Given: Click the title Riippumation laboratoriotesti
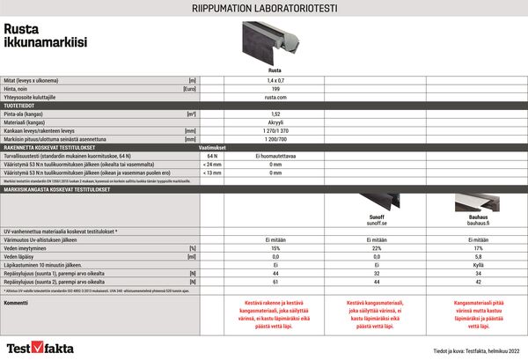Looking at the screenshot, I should click(263, 10).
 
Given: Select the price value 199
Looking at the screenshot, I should click(275, 89).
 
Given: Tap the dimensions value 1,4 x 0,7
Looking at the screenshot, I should click(275, 80).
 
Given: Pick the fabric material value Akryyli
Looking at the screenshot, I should click(275, 121).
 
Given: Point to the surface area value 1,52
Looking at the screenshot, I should click(275, 114).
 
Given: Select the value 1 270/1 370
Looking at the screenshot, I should click(275, 130).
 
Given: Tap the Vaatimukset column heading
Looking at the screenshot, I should click(212, 146).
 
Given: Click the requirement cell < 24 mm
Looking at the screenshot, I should click(212, 164).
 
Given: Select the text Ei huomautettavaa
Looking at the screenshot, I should click(275, 155).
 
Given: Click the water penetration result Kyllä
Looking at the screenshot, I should click(477, 265).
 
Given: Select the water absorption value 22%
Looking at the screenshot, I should click(376, 248).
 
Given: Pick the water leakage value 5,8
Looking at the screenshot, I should click(477, 256).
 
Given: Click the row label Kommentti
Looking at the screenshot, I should click(18, 302).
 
